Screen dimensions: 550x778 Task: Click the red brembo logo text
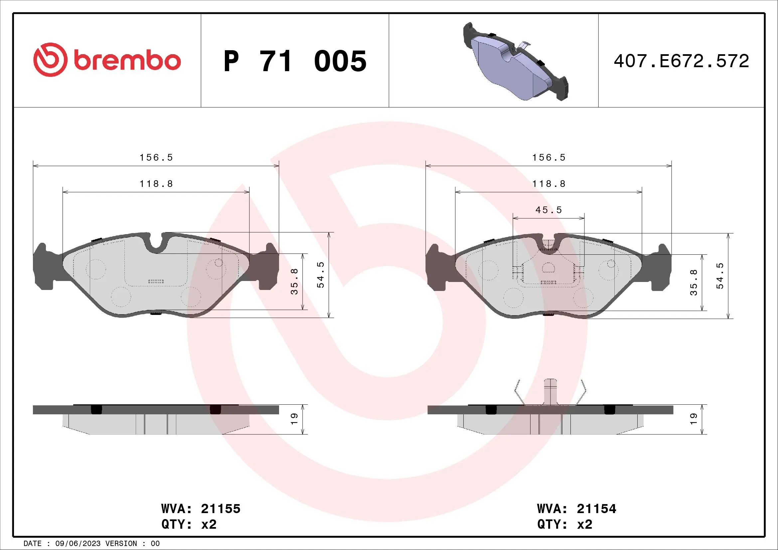(127, 61)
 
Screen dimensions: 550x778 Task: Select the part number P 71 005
(295, 61)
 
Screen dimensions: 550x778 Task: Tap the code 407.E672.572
(681, 61)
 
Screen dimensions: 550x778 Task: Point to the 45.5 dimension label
(548, 210)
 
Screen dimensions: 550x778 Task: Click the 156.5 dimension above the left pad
(156, 158)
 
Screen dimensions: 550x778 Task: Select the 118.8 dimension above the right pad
(548, 184)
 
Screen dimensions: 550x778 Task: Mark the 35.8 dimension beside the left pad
(294, 281)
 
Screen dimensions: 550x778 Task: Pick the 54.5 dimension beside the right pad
(720, 276)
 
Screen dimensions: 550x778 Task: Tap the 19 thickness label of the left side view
(294, 419)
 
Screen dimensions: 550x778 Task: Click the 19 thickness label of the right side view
(693, 419)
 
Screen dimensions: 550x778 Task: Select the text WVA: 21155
(201, 509)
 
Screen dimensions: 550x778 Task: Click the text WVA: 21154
(576, 509)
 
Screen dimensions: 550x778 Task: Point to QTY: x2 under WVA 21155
(189, 524)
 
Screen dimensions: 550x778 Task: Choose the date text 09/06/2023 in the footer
(78, 544)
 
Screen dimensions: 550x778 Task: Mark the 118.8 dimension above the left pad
(156, 184)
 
